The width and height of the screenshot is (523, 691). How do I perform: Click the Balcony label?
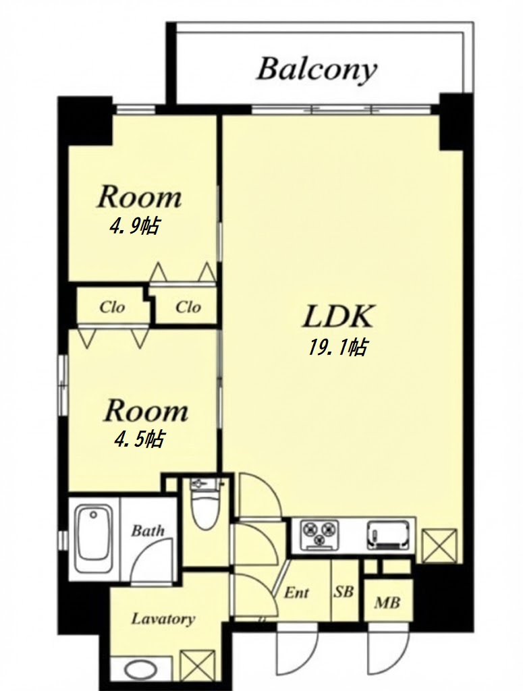(316, 70)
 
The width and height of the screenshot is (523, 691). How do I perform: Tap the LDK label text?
(338, 316)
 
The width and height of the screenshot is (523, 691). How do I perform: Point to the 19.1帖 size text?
(337, 348)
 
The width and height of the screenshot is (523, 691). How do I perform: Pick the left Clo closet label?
(112, 307)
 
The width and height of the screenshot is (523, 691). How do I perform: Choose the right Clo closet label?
(188, 307)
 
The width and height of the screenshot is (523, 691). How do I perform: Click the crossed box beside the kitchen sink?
(439, 545)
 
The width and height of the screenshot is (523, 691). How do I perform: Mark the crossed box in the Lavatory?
(198, 669)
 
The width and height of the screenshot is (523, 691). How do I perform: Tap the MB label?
(387, 602)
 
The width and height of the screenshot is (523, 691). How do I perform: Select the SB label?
(343, 591)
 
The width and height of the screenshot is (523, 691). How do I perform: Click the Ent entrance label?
(296, 592)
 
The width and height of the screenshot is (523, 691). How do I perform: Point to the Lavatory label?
(163, 619)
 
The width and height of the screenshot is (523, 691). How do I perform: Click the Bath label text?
(148, 530)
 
